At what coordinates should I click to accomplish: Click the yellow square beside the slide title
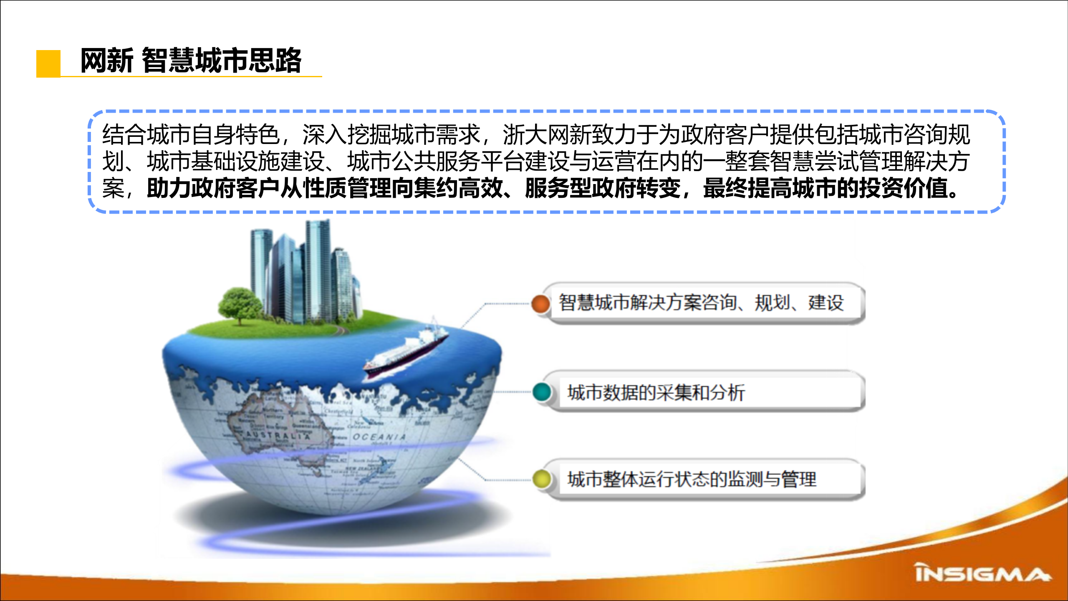click(x=48, y=63)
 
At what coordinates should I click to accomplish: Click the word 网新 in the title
click(x=106, y=61)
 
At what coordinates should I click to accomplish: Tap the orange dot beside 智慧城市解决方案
click(x=541, y=303)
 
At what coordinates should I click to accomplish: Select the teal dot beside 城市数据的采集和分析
click(x=542, y=392)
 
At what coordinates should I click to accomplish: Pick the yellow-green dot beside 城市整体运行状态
click(x=542, y=479)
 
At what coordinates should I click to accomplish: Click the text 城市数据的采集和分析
click(x=656, y=392)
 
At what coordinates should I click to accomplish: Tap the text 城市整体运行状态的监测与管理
click(x=692, y=479)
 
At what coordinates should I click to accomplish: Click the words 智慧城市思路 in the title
click(x=222, y=61)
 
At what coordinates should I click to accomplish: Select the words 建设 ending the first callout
click(x=826, y=303)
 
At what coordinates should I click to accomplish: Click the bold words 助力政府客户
click(x=213, y=188)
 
